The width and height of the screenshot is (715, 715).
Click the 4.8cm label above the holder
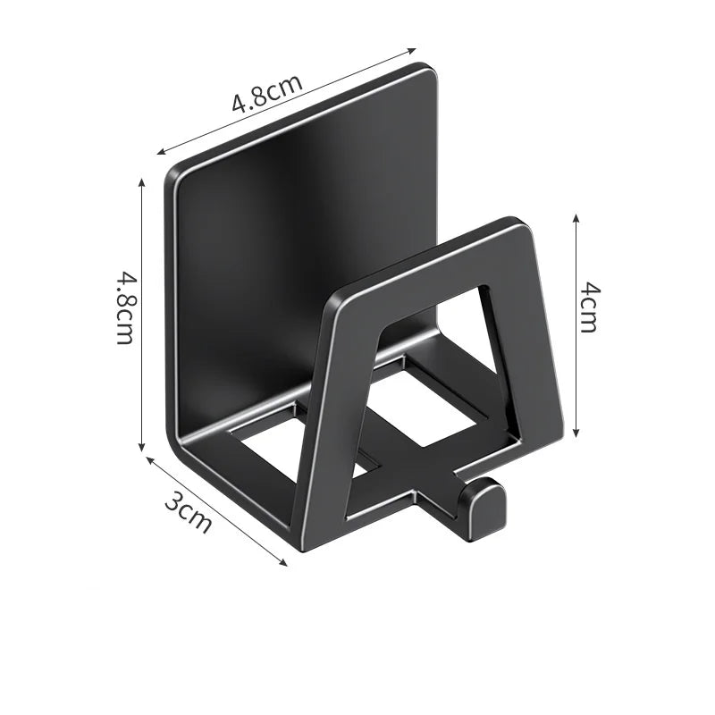pyautogui.click(x=267, y=90)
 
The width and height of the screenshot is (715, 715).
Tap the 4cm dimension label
pyautogui.click(x=588, y=307)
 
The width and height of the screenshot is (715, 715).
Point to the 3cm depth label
pyautogui.click(x=188, y=513)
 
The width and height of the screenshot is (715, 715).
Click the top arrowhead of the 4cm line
pyautogui.click(x=576, y=217)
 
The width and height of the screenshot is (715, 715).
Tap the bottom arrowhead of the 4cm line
pyautogui.click(x=576, y=432)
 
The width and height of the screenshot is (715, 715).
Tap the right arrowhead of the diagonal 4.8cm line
pyautogui.click(x=414, y=50)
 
